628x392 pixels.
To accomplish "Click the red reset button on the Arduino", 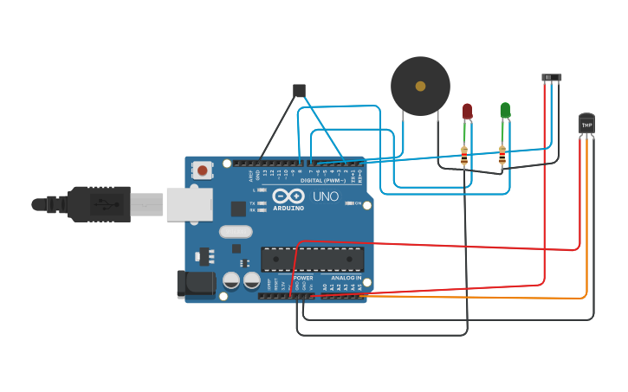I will (x=203, y=170).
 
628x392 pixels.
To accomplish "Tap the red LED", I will (x=467, y=111).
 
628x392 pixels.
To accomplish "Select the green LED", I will (x=505, y=110).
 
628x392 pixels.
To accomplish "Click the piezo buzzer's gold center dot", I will (x=420, y=86).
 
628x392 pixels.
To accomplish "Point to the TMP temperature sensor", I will (x=586, y=125).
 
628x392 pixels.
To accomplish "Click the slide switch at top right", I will (x=552, y=78).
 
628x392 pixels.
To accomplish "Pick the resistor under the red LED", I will (x=464, y=156).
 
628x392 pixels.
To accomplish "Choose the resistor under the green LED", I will (x=502, y=156).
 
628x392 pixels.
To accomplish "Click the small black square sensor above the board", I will (x=299, y=90).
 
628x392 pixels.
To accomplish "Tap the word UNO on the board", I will (x=325, y=197).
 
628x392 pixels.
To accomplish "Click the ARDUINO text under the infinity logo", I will (x=288, y=209).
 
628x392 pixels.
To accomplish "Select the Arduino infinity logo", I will (x=288, y=196).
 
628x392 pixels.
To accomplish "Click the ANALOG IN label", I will (x=347, y=278).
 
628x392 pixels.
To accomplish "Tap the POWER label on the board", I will (x=303, y=278).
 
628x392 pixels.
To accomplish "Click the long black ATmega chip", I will (x=312, y=259).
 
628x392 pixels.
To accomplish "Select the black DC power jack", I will (x=195, y=284).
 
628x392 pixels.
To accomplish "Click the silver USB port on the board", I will (x=187, y=204).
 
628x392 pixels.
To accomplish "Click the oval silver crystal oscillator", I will (x=235, y=231).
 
